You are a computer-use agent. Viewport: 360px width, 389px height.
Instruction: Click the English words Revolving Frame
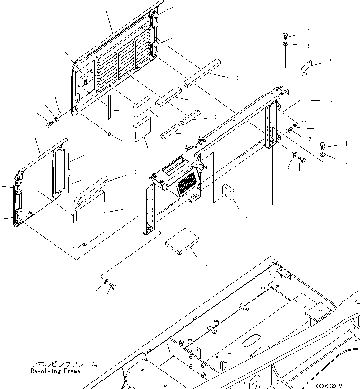point(55,371)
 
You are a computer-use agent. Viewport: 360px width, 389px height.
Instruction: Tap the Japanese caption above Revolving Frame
point(64,364)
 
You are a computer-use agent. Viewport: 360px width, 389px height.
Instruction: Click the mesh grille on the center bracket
point(188,183)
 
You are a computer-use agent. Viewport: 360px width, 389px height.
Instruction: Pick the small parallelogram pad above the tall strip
point(306,65)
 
